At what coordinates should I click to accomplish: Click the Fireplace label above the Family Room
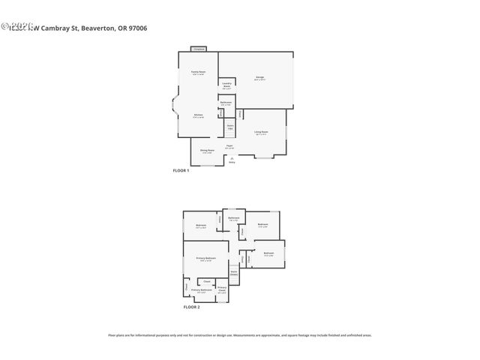[199, 49]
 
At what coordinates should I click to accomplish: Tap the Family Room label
[198, 73]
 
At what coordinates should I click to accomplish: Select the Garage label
[259, 77]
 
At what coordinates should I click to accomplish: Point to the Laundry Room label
[226, 85]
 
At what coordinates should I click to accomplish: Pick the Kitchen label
[198, 115]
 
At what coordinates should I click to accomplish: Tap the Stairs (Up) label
[230, 127]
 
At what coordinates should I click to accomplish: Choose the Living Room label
[262, 132]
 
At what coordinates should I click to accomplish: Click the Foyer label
[230, 147]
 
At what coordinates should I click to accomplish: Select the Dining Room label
[207, 151]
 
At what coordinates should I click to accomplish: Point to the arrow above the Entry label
[232, 158]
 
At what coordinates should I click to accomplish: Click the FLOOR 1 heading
[181, 171]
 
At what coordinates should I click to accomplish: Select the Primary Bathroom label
[201, 290]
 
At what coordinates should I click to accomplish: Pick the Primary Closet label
[222, 289]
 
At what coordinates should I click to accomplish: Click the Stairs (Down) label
[233, 273]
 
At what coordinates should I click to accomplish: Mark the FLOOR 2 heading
[192, 307]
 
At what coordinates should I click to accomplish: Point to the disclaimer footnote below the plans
[240, 335]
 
